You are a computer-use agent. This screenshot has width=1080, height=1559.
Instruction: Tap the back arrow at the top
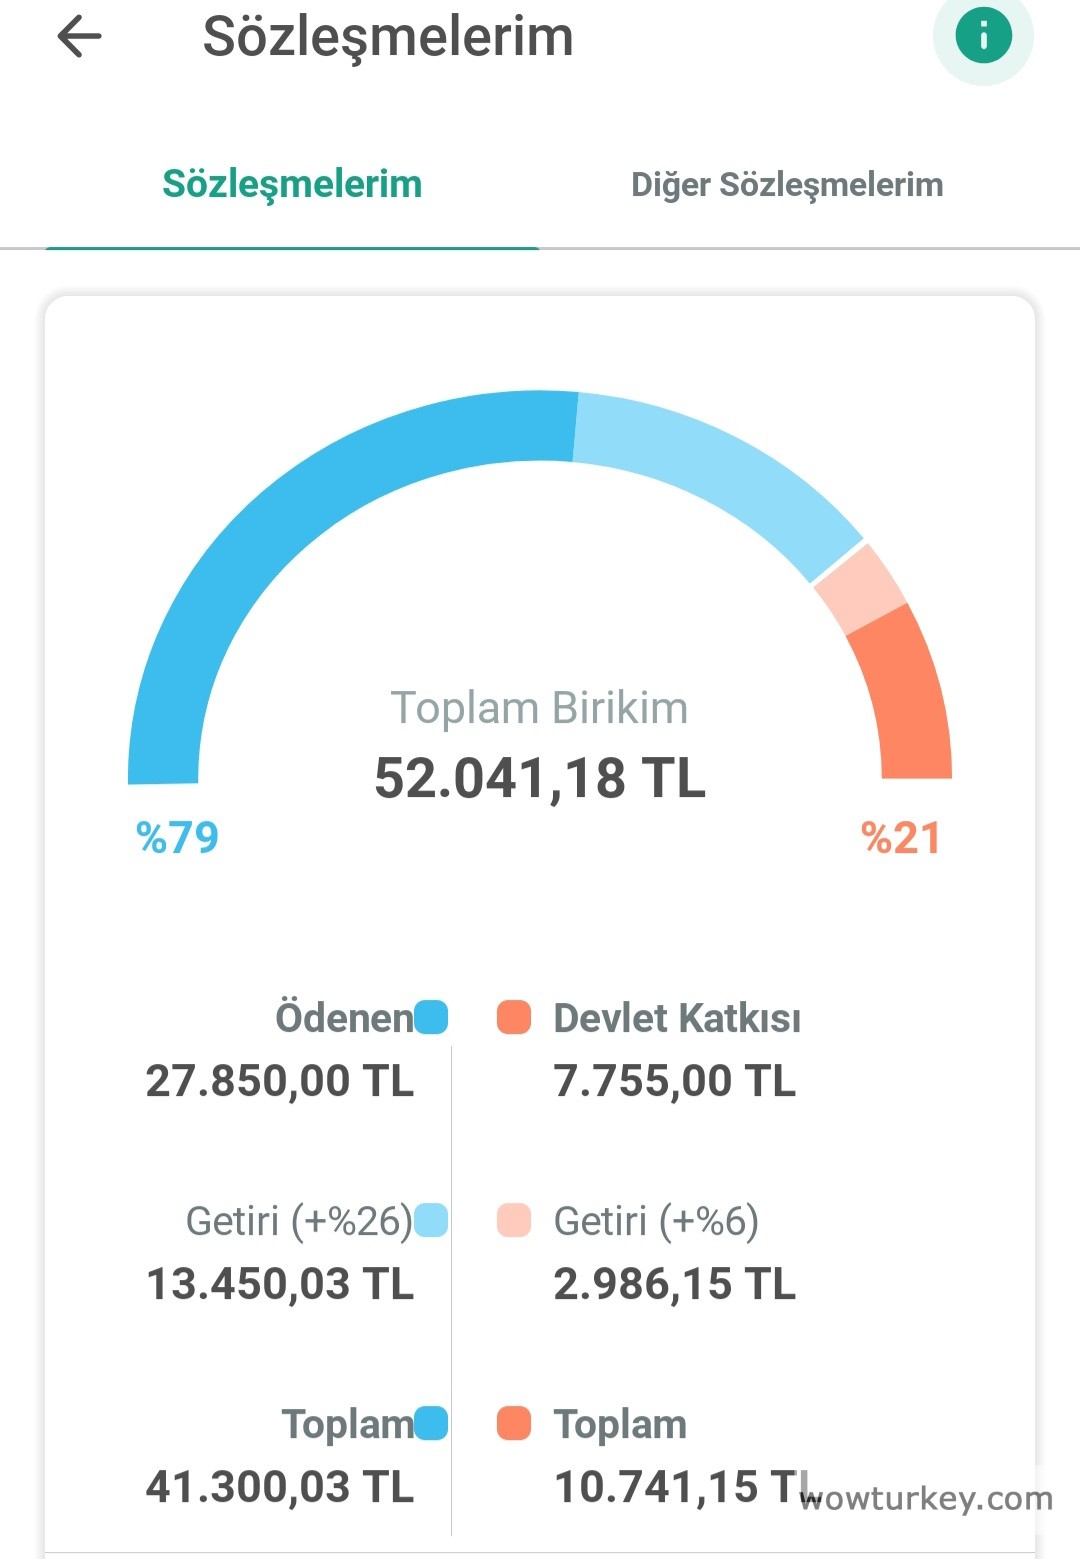click(80, 37)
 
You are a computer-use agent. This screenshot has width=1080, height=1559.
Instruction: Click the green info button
click(983, 37)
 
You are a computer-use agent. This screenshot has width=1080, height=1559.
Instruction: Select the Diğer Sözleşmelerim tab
click(787, 185)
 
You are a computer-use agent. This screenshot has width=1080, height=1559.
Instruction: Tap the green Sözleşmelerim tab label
click(292, 184)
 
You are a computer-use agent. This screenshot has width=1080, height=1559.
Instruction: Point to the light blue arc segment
click(720, 470)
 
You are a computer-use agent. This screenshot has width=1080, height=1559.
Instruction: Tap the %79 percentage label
click(177, 837)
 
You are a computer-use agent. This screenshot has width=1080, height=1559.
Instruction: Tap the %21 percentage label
click(901, 838)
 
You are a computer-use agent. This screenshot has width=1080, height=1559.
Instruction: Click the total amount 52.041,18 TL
click(540, 778)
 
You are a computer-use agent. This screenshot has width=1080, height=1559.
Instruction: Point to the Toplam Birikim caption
click(539, 708)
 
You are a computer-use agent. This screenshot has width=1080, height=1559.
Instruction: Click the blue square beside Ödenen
click(431, 1018)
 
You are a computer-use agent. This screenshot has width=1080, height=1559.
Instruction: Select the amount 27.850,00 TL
click(280, 1081)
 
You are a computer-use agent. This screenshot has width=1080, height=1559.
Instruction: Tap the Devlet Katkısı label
click(677, 1018)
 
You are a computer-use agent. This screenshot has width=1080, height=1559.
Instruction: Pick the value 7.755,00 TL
click(675, 1081)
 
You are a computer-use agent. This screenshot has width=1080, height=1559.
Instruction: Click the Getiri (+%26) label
click(299, 1221)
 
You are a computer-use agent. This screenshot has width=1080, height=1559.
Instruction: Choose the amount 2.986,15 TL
click(675, 1284)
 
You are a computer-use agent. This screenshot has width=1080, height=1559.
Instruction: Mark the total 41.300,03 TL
click(280, 1487)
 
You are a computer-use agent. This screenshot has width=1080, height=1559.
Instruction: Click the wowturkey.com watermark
click(926, 1498)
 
